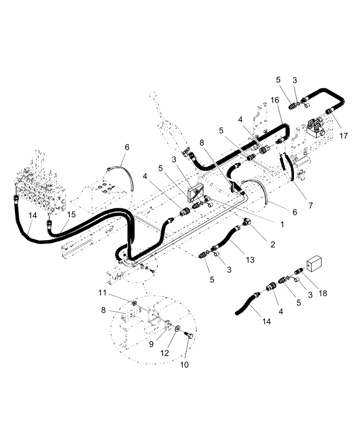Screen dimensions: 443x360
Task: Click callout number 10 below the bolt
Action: (184, 365)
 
